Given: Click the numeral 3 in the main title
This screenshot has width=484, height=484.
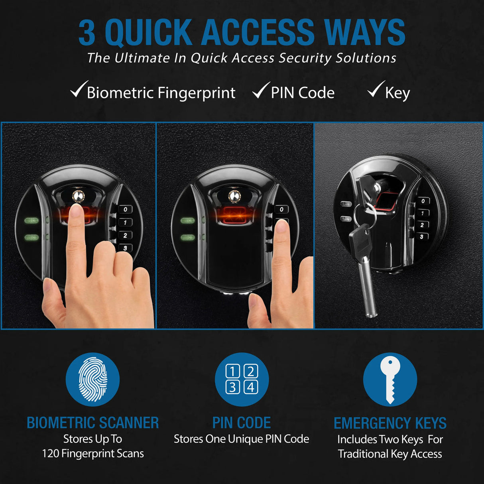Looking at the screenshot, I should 87,33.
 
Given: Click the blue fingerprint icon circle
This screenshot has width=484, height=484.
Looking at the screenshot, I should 92,379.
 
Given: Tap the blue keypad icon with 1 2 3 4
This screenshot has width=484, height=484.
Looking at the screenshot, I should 242,379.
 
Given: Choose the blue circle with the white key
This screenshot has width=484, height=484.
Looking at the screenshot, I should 390,379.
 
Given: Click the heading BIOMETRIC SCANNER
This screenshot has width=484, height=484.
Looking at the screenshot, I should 92,423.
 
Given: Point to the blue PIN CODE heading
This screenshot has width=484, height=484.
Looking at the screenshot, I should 242,423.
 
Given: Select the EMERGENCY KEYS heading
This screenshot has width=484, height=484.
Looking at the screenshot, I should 390,423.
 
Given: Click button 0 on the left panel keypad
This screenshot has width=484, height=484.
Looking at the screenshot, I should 126,209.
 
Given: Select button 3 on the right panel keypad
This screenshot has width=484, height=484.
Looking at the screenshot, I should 422,236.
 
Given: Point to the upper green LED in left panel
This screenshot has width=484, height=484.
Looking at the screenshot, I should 31,220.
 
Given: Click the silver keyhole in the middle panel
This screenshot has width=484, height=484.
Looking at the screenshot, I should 234,195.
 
